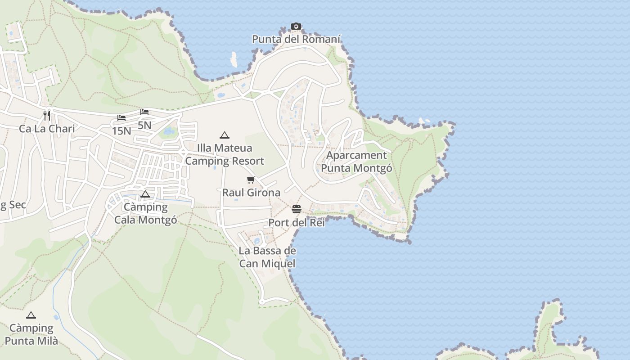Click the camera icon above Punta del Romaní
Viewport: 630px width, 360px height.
[296, 27]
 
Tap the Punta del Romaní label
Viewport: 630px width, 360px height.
[296, 39]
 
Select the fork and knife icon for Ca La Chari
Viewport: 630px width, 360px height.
[47, 115]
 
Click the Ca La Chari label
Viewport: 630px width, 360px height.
[47, 129]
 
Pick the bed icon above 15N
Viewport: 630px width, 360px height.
[121, 118]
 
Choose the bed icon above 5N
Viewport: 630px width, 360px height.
[144, 112]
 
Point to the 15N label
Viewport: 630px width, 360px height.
[121, 131]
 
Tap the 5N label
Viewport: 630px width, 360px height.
[144, 125]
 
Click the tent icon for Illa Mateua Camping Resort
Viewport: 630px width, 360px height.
[224, 135]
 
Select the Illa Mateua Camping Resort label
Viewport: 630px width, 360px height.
[225, 154]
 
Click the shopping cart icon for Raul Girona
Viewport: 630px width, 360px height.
[251, 180]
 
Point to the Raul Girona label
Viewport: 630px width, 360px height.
[251, 193]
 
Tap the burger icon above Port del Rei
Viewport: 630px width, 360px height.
[296, 209]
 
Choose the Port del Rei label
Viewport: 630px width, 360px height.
[296, 222]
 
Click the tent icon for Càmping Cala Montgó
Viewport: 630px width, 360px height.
[145, 194]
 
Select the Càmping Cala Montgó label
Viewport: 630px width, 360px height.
[145, 213]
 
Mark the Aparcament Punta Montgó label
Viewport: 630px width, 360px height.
[356, 162]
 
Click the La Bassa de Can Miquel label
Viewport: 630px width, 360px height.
[267, 257]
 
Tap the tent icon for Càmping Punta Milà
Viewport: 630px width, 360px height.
[31, 315]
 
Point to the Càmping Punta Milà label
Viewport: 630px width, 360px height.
[31, 334]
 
